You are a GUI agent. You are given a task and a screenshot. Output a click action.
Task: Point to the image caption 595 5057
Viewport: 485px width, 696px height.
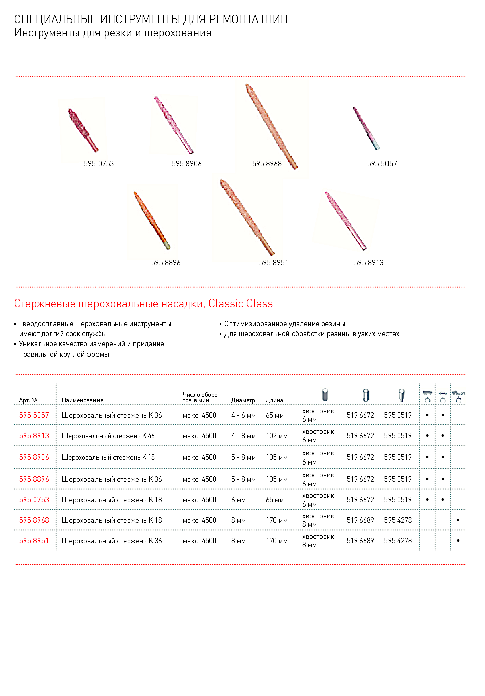[x=382, y=164]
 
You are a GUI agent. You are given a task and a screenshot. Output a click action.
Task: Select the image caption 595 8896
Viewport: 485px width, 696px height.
[x=166, y=263]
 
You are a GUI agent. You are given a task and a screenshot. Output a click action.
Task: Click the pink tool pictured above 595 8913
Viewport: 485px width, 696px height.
[x=345, y=220]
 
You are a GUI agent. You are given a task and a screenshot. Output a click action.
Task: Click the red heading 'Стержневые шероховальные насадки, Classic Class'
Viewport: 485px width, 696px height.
[x=143, y=304]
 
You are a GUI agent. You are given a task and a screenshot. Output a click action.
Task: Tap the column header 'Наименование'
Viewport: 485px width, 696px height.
[x=82, y=400]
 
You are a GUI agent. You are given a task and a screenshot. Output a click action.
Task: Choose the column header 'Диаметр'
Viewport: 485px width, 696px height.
[x=243, y=400]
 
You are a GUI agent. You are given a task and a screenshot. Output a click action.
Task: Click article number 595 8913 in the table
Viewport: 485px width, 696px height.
[x=34, y=436]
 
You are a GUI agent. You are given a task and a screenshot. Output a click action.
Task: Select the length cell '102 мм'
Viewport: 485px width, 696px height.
[x=277, y=436]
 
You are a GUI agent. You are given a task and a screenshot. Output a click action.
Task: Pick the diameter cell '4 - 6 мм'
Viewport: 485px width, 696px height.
[x=243, y=415]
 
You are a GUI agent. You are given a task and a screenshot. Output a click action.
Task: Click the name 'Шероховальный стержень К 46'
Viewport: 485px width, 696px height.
[x=108, y=436]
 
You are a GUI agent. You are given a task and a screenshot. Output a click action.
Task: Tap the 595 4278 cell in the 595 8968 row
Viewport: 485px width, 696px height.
[x=398, y=520]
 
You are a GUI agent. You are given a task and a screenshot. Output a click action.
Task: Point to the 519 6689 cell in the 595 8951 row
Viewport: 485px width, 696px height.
[x=360, y=541]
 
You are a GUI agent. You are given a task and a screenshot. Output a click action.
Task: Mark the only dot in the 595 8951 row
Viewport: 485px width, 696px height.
[x=458, y=541]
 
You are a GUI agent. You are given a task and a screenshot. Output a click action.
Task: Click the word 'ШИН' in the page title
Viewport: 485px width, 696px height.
[x=274, y=20]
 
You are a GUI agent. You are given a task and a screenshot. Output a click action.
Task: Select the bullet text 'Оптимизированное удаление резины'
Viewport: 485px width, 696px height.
[x=284, y=324]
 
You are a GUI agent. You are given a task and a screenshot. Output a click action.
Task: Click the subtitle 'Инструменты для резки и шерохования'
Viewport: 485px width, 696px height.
[x=113, y=33]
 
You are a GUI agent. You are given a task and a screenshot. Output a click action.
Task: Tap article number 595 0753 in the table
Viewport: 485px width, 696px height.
[x=34, y=500]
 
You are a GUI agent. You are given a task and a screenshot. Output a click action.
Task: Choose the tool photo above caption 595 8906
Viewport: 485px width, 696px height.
[x=173, y=125]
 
